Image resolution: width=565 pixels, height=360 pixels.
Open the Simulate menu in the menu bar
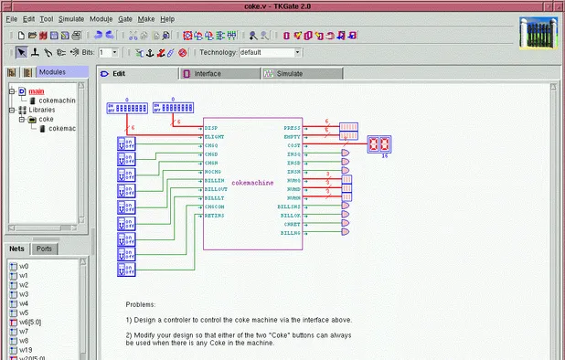(x=71, y=18)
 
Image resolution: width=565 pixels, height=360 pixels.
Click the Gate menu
(x=124, y=18)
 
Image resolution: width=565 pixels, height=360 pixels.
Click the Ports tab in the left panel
(x=44, y=249)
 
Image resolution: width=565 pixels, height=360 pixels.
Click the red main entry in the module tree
(x=36, y=91)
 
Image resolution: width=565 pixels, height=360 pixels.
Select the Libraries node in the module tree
(x=41, y=110)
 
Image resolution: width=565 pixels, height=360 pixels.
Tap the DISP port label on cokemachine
(x=210, y=127)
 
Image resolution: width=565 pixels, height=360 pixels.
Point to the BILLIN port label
(x=213, y=181)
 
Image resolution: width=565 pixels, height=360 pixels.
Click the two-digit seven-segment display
(x=378, y=144)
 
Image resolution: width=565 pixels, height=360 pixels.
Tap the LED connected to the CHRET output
(x=345, y=224)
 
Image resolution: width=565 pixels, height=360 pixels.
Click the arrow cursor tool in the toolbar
(x=21, y=52)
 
